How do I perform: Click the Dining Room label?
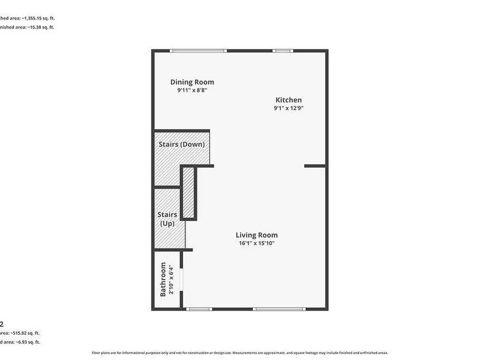click(192, 82)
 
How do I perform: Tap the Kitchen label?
click(289, 100)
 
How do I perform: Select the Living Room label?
click(256, 235)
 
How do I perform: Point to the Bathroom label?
click(163, 280)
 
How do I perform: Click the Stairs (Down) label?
click(181, 145)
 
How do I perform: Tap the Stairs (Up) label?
click(167, 219)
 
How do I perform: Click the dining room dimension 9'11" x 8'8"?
click(192, 91)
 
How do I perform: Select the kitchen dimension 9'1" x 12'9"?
click(289, 109)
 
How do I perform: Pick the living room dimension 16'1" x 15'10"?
click(256, 243)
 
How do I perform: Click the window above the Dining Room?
click(190, 51)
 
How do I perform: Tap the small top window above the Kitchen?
click(281, 51)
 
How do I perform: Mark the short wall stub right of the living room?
click(315, 165)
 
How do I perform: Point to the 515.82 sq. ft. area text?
click(24, 332)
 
